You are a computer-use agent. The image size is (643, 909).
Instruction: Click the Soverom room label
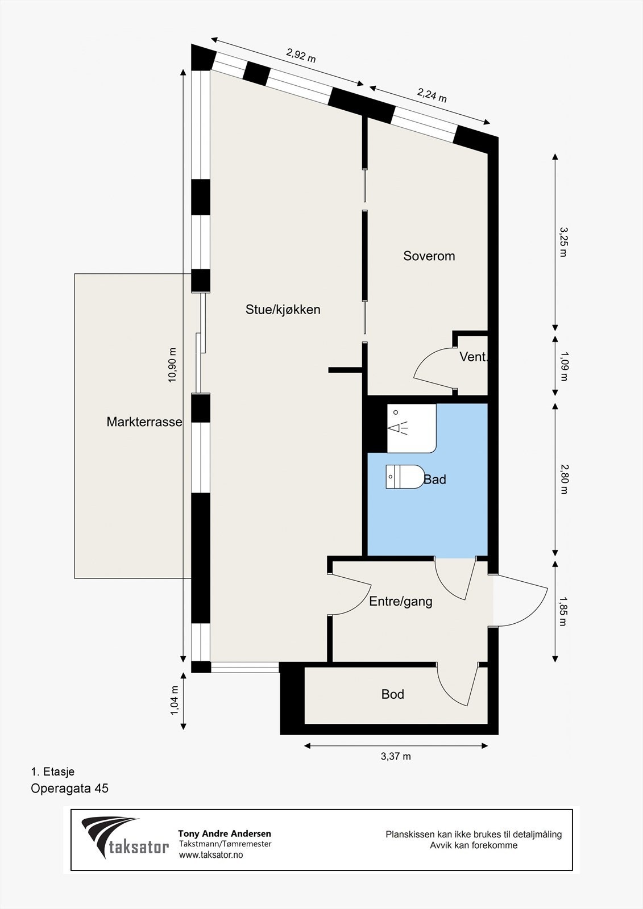(429, 256)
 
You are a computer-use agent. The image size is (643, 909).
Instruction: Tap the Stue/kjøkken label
(283, 310)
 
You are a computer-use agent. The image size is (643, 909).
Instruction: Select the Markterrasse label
(144, 422)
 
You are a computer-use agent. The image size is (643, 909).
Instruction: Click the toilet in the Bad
(405, 477)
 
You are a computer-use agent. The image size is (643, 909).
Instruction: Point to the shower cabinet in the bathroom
(411, 428)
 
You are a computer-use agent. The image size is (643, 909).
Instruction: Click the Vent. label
(473, 357)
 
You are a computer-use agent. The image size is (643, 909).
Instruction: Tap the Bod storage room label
(393, 694)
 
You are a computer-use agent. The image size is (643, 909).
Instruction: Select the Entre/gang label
(401, 601)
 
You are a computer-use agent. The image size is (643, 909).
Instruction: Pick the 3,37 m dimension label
(396, 756)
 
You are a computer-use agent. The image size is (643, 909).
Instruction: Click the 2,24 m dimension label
(432, 95)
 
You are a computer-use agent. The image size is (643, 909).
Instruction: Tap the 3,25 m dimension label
(563, 242)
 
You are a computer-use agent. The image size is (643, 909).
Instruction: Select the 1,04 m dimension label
(175, 700)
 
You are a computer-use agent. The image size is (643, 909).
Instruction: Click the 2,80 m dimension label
(563, 479)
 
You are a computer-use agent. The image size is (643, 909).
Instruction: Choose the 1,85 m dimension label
(563, 611)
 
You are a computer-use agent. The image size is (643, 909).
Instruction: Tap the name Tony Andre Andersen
(225, 834)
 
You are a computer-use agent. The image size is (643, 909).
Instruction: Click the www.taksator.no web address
(211, 855)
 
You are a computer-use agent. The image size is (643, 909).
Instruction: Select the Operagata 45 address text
(69, 789)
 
